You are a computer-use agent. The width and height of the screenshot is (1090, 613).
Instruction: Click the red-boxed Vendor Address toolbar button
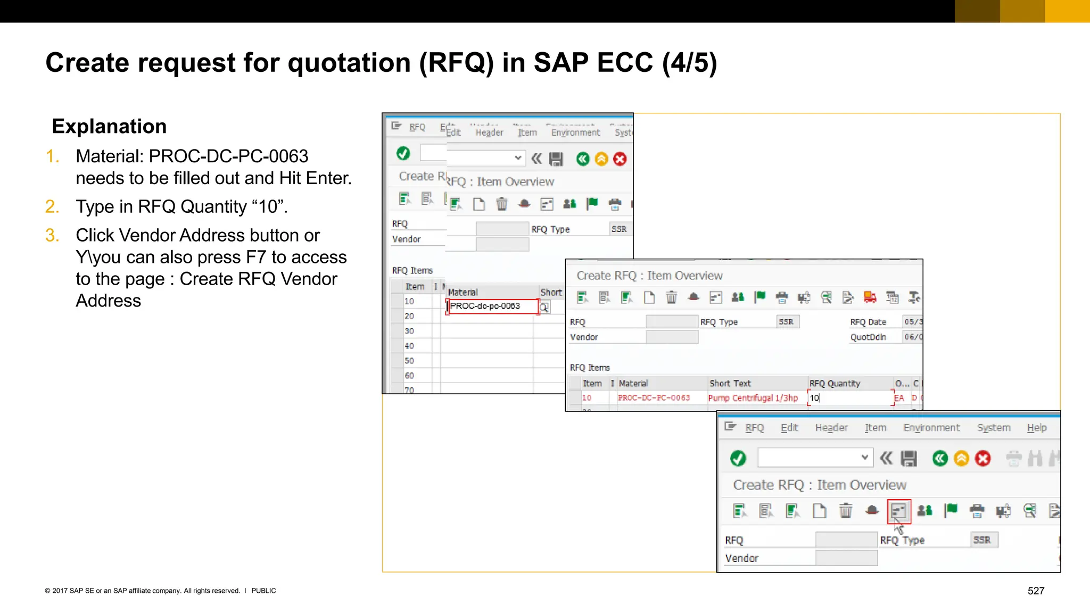[899, 511]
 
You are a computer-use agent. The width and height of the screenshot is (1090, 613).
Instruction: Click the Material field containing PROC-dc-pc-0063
[492, 306]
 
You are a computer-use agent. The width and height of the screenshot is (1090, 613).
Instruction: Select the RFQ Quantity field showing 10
[849, 398]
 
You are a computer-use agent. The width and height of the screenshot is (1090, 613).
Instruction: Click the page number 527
[1036, 591]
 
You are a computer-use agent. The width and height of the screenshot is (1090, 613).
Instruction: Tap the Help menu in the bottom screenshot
[1036, 428]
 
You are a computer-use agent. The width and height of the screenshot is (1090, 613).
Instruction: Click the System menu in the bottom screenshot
[994, 428]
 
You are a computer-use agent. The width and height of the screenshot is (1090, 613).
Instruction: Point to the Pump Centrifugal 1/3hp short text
[753, 398]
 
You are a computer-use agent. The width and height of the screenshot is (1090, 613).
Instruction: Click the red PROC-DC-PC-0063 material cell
[654, 398]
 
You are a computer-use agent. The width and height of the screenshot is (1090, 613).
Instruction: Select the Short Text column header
[730, 384]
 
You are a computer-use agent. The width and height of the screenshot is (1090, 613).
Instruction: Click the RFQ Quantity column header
[834, 384]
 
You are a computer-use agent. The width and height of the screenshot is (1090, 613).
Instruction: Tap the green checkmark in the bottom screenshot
[738, 458]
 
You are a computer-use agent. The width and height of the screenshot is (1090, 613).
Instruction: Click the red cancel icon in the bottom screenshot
[983, 458]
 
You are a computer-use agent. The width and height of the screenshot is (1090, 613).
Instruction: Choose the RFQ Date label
[868, 322]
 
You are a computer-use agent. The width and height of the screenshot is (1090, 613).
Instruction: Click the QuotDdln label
[868, 337]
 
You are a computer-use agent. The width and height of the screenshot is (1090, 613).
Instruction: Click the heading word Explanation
[109, 127]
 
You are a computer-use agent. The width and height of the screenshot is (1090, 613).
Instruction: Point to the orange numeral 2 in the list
[52, 206]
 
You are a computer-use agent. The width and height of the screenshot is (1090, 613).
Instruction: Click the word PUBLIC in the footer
[263, 591]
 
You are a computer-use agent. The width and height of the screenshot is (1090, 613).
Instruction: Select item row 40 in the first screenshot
[409, 346]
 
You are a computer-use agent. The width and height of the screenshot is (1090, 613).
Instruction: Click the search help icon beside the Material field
[544, 308]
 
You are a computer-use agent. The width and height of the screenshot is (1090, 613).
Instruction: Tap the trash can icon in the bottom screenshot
[845, 511]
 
